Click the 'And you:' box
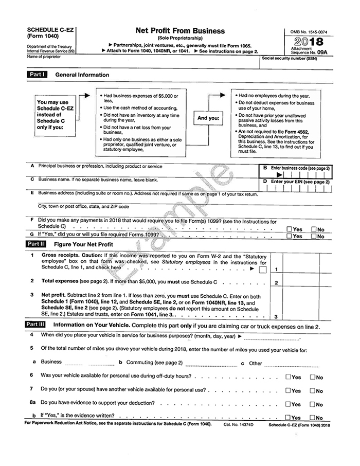pyautogui.click(x=208, y=118)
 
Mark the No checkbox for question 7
pyautogui.click(x=313, y=390)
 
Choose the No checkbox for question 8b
pyautogui.click(x=313, y=418)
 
